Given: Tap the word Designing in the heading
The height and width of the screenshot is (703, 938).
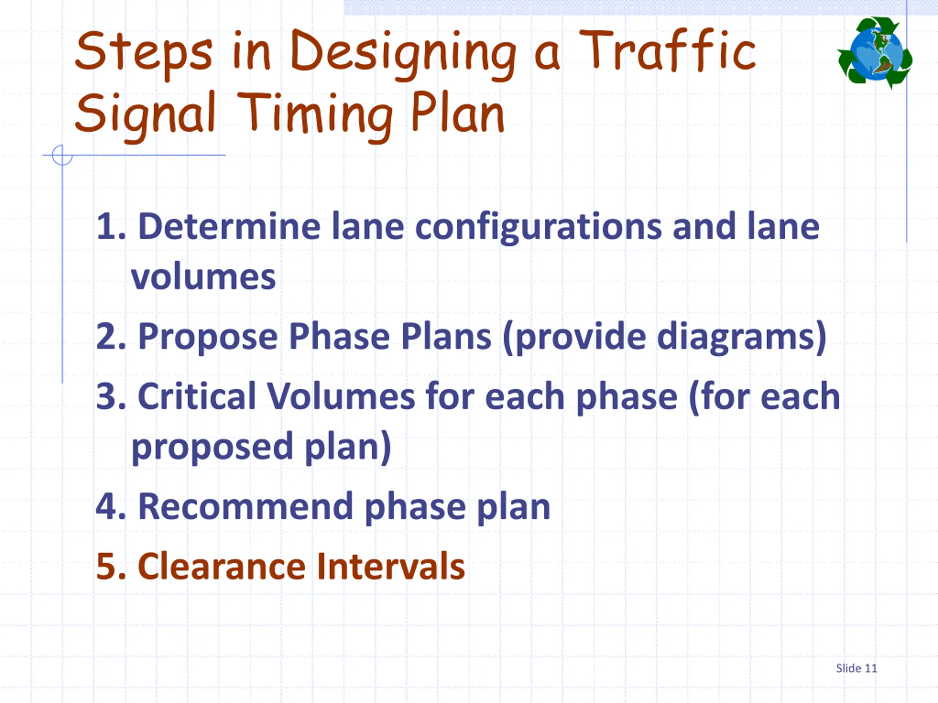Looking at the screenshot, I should coord(403,53).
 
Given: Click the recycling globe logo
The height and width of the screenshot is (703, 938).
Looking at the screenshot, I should coord(875,53).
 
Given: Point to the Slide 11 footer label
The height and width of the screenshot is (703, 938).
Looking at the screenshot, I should coord(856,668).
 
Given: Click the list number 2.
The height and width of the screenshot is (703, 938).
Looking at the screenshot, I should coord(111,337).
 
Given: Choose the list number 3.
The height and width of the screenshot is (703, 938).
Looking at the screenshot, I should coord(111,397).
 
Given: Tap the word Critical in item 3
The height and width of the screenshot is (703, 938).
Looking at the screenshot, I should coord(197,397).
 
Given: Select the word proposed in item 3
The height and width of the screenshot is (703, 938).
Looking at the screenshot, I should coord(212,447).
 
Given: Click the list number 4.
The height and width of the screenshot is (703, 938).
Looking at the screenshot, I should coord(111,507).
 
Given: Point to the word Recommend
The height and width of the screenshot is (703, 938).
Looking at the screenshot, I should coord(245,507).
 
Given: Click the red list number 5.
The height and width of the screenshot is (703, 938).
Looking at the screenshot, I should coord(111,566).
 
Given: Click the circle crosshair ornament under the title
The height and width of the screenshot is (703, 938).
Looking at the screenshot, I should coord(62,155).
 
